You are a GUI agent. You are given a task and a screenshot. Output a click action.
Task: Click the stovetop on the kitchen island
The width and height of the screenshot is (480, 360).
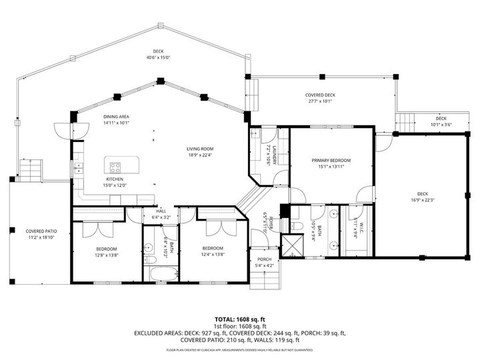point(115,167)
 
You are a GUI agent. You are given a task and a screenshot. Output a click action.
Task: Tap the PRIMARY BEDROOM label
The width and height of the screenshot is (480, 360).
point(331,161)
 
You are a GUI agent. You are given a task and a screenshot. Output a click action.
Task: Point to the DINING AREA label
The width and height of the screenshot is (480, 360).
point(116,117)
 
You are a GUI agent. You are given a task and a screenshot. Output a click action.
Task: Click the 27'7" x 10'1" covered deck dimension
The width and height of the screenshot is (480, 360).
point(320,103)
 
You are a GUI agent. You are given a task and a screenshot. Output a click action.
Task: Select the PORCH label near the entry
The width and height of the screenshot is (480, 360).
point(265,259)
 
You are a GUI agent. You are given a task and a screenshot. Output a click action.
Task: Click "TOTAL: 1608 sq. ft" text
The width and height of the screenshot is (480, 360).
point(239,319)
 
